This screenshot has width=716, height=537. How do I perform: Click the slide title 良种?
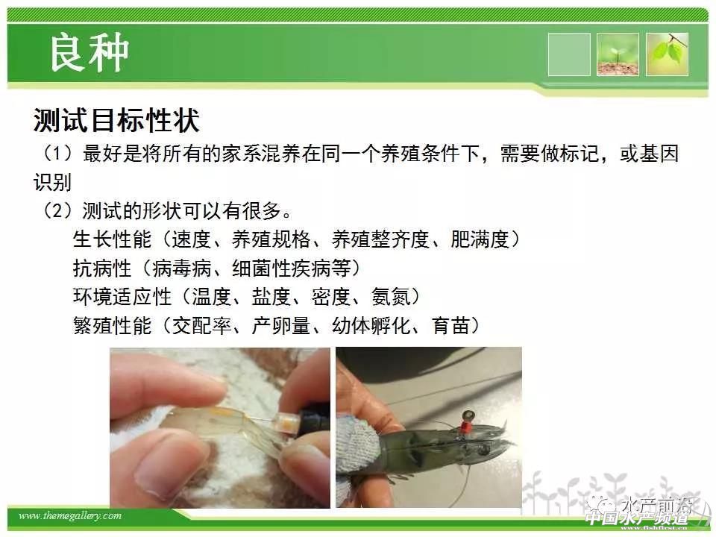click(x=89, y=53)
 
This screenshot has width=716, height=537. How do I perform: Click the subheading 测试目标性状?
click(x=116, y=121)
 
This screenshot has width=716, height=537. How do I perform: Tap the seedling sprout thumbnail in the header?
click(x=618, y=54)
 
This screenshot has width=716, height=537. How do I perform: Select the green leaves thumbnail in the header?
click(x=667, y=54)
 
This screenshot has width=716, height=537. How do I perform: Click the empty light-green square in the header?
click(x=569, y=54)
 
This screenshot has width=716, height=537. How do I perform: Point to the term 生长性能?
click(x=113, y=239)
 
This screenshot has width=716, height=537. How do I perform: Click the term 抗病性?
click(x=102, y=268)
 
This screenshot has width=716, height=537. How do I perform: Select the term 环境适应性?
click(x=122, y=297)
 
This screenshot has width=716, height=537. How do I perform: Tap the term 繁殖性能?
click(x=113, y=326)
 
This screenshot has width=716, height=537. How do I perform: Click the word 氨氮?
click(x=391, y=297)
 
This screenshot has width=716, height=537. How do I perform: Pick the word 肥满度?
click(x=480, y=239)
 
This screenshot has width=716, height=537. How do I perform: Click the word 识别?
click(x=52, y=182)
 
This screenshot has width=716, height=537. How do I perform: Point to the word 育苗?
click(x=450, y=326)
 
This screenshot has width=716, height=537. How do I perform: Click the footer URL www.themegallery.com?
click(x=70, y=516)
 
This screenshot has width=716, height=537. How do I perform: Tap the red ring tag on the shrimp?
click(x=465, y=428)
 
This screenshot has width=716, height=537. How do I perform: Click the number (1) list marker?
click(x=57, y=154)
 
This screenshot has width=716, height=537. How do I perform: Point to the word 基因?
click(x=659, y=154)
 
